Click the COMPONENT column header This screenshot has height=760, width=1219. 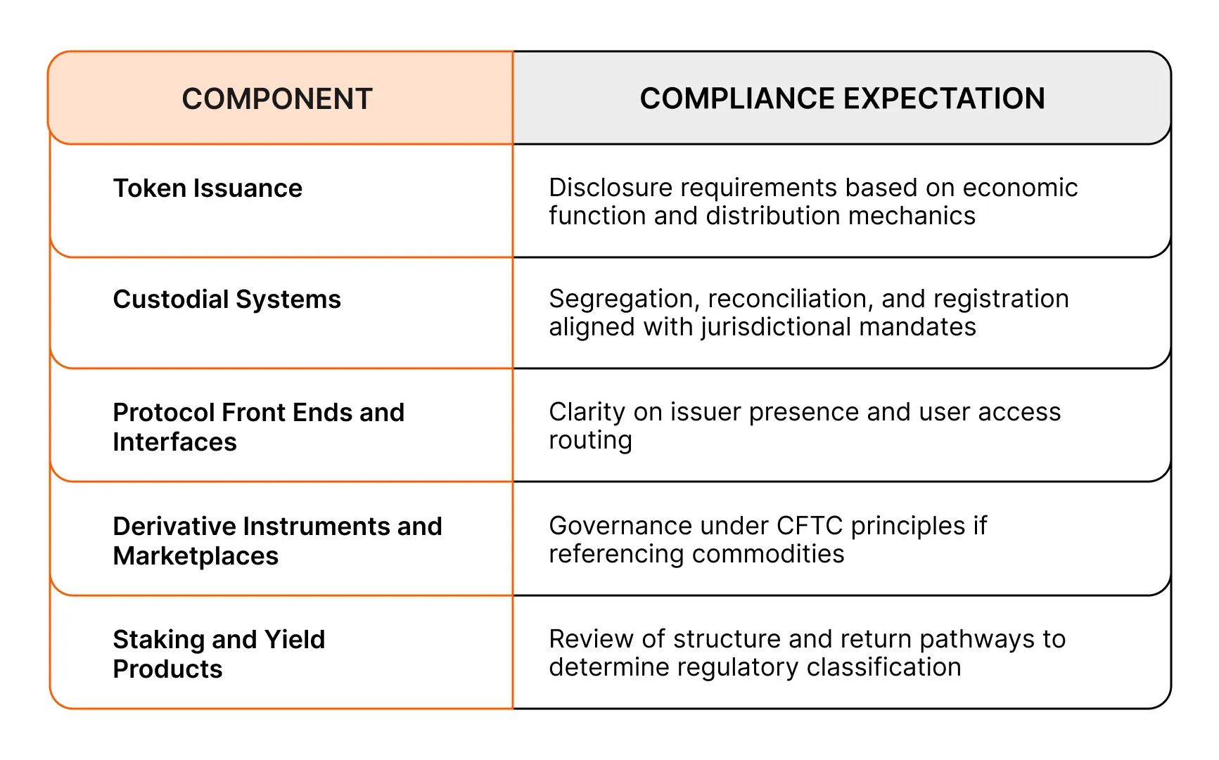click(277, 99)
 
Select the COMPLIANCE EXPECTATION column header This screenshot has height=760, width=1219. click(842, 98)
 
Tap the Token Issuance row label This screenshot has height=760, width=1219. click(208, 188)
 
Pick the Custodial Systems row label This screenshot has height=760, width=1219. click(226, 300)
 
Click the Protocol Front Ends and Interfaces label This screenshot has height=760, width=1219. click(258, 427)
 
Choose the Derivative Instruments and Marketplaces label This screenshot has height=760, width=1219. click(277, 541)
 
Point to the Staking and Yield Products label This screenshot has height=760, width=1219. click(219, 654)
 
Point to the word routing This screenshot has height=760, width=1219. click(590, 441)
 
